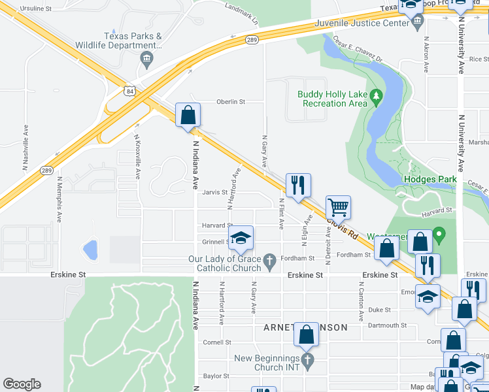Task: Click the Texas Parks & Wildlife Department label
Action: (x=133, y=41)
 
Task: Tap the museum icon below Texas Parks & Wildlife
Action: (x=146, y=60)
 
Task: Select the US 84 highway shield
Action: (x=132, y=90)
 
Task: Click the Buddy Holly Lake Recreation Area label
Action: (x=332, y=99)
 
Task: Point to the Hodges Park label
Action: (x=430, y=180)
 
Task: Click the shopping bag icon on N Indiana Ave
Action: (x=188, y=114)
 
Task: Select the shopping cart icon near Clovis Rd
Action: (x=338, y=207)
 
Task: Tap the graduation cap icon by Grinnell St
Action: (x=241, y=238)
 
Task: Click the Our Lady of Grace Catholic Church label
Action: (x=225, y=263)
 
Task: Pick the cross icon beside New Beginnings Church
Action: (x=307, y=359)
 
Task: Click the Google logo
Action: (x=22, y=384)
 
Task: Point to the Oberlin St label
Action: (x=231, y=102)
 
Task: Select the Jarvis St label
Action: (x=214, y=192)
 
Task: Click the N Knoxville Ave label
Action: (x=137, y=157)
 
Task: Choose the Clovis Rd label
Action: (x=343, y=227)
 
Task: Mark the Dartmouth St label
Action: (x=387, y=325)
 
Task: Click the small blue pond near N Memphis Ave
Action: (x=90, y=249)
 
